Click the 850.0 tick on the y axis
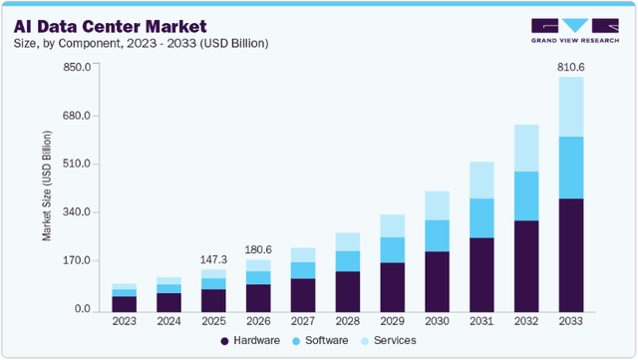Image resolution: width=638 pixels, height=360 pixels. click(78, 67)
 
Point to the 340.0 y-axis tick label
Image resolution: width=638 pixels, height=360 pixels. click(78, 212)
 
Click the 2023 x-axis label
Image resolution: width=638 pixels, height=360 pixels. click(124, 321)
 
